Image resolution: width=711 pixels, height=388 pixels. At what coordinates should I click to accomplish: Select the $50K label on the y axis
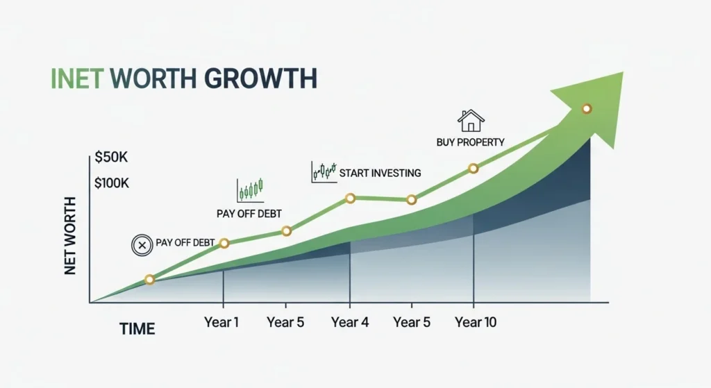pos(112,158)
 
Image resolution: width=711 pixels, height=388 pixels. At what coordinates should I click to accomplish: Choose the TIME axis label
pos(137,328)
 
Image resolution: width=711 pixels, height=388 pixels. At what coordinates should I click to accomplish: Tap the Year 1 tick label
pos(222,322)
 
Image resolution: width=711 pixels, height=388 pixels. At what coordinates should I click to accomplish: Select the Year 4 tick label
pos(349,322)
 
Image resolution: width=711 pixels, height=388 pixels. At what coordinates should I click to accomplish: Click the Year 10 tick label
pos(476,322)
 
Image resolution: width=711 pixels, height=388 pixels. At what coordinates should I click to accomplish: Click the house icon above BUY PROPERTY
pos(471,121)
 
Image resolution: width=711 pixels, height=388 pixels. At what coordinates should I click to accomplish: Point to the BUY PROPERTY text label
pos(471,142)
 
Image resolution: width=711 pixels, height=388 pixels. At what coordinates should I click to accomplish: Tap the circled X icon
pos(142,244)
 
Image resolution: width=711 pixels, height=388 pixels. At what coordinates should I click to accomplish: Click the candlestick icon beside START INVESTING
pos(324,171)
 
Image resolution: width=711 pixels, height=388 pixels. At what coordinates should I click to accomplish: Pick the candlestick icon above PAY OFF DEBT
pos(250,189)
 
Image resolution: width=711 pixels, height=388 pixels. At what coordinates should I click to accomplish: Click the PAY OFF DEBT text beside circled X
pos(186,244)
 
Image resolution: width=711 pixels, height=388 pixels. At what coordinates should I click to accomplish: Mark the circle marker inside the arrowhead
pos(587,108)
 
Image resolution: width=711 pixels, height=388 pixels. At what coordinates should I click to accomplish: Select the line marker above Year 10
pos(474,168)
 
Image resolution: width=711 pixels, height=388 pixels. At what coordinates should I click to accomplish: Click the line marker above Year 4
pos(350,199)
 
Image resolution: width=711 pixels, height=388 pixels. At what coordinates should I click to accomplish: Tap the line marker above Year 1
pos(224,243)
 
